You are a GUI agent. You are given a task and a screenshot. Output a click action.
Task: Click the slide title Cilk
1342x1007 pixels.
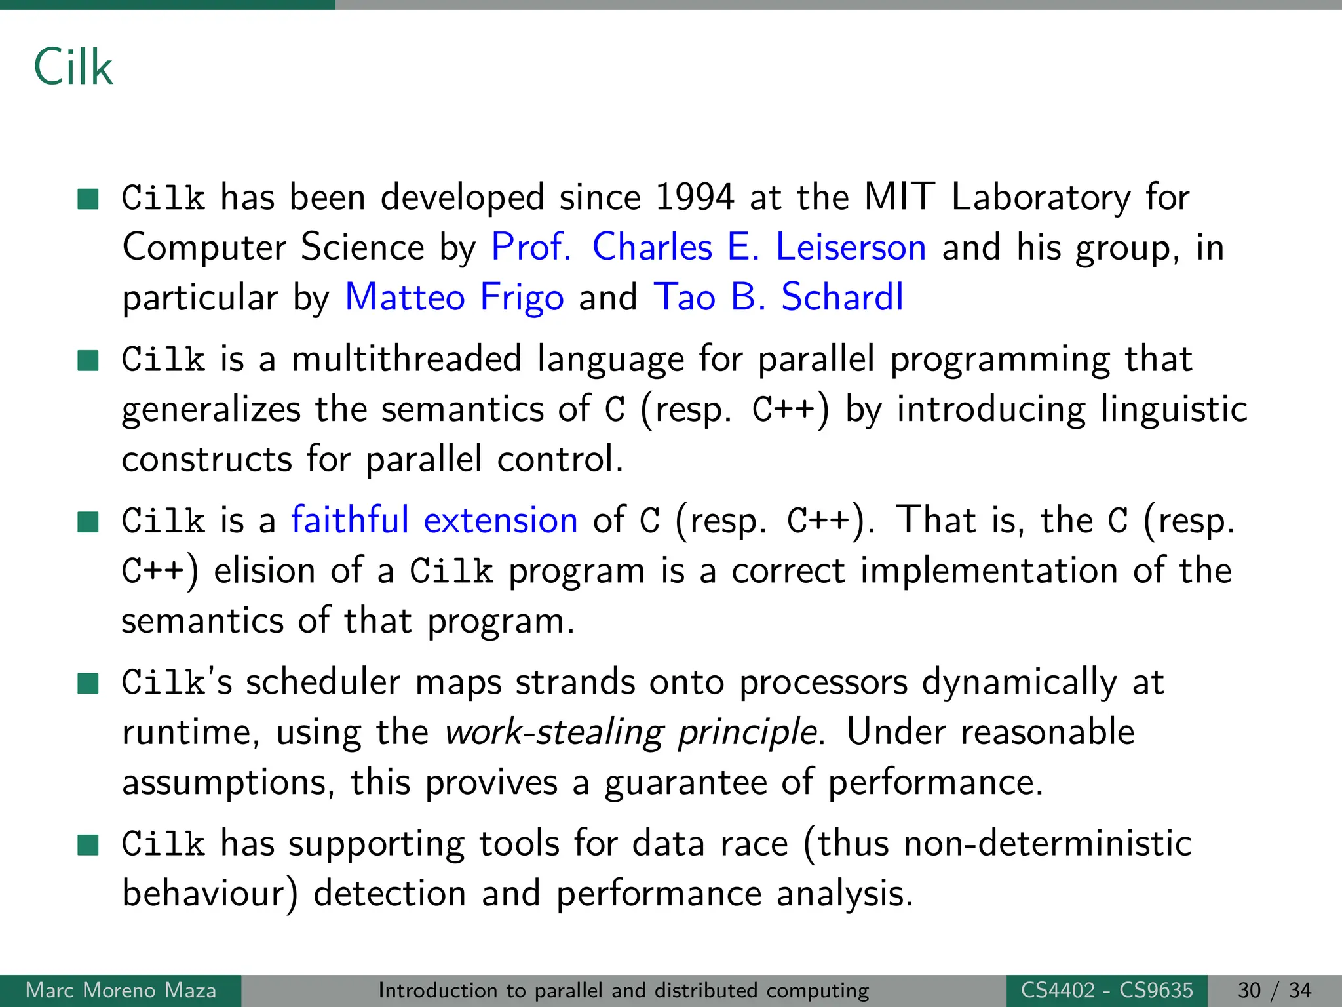click(73, 68)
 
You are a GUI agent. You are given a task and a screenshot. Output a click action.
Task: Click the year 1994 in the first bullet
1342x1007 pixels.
click(695, 197)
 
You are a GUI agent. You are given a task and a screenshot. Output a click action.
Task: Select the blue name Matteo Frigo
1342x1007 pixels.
click(454, 297)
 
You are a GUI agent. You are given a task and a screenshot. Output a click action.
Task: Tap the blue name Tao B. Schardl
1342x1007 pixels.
click(778, 297)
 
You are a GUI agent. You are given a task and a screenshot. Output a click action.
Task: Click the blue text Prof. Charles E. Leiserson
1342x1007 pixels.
click(708, 247)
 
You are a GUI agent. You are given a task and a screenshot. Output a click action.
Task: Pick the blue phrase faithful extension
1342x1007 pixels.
click(434, 521)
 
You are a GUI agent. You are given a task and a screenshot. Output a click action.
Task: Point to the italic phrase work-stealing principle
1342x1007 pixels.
click(631, 732)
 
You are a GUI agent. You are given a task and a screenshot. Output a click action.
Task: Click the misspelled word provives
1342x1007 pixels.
click(491, 783)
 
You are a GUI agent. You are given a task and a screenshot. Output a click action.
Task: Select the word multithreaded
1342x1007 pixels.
click(406, 359)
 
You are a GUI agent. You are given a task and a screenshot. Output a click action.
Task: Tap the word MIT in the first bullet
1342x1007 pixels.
click(899, 197)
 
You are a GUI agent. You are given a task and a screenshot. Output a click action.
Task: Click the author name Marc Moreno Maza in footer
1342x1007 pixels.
click(121, 990)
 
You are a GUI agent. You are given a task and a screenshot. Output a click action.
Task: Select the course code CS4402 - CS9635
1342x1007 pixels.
click(1107, 990)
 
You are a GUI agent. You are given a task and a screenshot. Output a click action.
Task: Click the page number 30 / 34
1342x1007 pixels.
click(1275, 990)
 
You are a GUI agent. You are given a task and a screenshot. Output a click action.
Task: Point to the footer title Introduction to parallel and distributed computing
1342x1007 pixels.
click(623, 990)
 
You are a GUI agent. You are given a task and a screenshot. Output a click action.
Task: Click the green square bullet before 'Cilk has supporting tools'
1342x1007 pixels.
click(88, 845)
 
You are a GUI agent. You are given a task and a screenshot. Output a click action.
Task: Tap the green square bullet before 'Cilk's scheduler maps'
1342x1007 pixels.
click(88, 684)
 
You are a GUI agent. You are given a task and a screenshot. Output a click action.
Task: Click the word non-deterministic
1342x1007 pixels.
click(1047, 843)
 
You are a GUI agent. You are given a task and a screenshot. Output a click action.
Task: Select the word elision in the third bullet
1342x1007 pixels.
click(265, 570)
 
